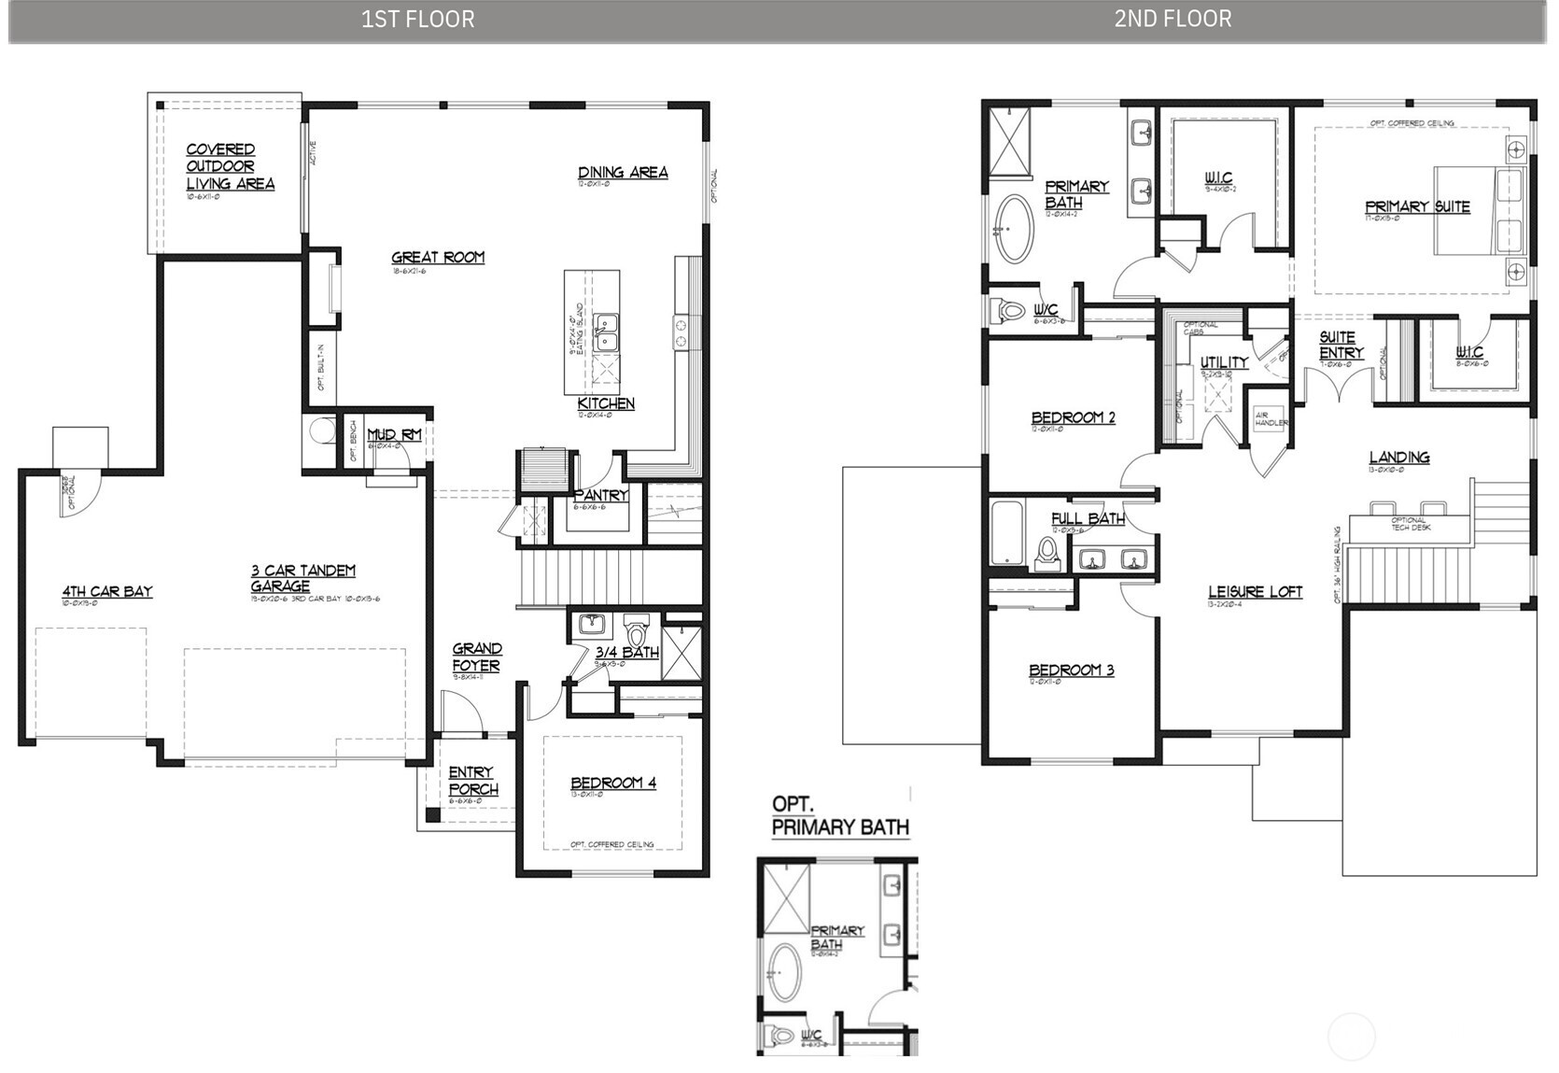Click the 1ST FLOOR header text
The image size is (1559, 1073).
pos(417,19)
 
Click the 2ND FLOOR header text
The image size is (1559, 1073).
pos(1173,19)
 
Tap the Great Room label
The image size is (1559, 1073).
pos(438,257)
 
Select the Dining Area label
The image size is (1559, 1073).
pos(623,172)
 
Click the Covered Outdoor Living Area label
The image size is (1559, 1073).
pos(229,166)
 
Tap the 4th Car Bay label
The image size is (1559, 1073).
pos(107,591)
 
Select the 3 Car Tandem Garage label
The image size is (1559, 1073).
pos(302,578)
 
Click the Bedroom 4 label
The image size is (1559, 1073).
pos(613,783)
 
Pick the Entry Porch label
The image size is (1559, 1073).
pos(472,781)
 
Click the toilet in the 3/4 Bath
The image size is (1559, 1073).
pos(638,629)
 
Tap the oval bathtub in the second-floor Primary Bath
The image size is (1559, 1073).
pos(1013,229)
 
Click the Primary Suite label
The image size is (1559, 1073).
pos(1417,206)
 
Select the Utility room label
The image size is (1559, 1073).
pos(1224,362)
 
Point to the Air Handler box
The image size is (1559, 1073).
pos(1270,417)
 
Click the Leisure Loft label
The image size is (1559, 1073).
pos(1255,591)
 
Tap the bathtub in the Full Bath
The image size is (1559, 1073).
pos(1007,533)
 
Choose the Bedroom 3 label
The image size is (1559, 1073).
pos(1071,670)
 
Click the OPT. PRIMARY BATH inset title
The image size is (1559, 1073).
pos(840,815)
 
